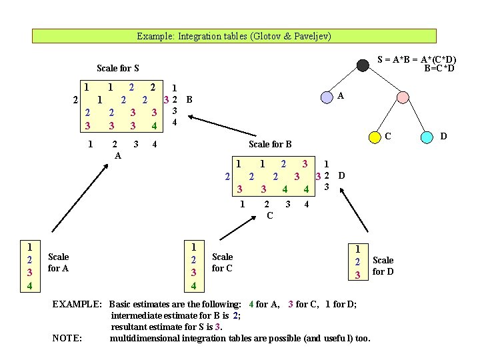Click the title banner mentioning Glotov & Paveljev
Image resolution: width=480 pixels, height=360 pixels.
click(x=234, y=36)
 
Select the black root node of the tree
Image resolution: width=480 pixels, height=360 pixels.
click(x=363, y=65)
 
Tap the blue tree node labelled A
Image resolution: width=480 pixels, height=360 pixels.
click(x=327, y=97)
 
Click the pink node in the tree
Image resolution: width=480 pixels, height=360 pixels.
click(x=402, y=96)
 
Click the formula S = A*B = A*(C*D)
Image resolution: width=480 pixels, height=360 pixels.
click(x=417, y=59)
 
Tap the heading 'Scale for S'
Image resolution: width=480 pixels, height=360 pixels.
click(x=117, y=68)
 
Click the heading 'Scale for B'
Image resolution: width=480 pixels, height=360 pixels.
click(x=270, y=143)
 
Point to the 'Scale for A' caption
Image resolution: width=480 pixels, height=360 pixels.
click(x=59, y=262)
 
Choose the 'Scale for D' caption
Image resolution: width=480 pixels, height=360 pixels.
click(x=383, y=265)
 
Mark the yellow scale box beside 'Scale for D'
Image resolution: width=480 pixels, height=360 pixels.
click(x=358, y=261)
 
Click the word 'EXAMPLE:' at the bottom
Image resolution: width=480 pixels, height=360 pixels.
click(x=77, y=304)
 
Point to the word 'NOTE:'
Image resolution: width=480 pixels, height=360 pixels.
click(x=67, y=337)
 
